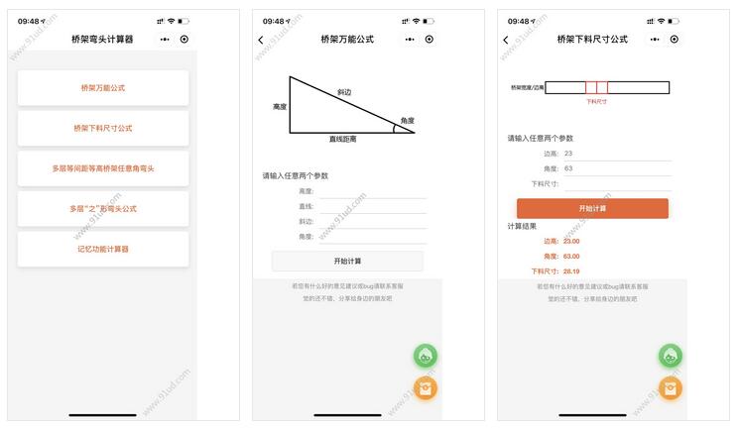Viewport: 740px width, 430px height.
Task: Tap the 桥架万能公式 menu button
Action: pyautogui.click(x=103, y=88)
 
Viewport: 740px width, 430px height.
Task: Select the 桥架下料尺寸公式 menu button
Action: pyautogui.click(x=103, y=128)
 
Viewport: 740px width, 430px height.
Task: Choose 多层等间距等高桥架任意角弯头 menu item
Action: pyautogui.click(x=103, y=168)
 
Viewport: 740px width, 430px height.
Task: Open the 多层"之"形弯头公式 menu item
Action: pyautogui.click(x=103, y=209)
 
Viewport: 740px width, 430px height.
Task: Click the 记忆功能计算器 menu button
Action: pyautogui.click(x=103, y=250)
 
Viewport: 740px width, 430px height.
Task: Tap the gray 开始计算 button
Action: pyautogui.click(x=347, y=261)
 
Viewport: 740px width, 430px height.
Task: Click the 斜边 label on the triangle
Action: pyautogui.click(x=344, y=92)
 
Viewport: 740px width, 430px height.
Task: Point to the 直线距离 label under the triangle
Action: pyautogui.click(x=343, y=140)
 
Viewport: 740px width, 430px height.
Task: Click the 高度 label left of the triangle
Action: pyautogui.click(x=279, y=106)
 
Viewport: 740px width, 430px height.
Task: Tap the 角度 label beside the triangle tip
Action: pyautogui.click(x=407, y=121)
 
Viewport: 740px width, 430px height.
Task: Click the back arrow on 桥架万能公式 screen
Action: pyautogui.click(x=261, y=40)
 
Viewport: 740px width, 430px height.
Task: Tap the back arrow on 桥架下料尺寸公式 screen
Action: pyautogui.click(x=506, y=40)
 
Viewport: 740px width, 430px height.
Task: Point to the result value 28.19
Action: pyautogui.click(x=571, y=270)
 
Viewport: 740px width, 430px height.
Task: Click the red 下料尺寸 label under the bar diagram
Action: pyautogui.click(x=596, y=101)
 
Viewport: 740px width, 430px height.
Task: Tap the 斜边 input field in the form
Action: pyautogui.click(x=372, y=222)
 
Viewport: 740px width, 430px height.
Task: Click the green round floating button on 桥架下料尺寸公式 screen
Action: pyautogui.click(x=672, y=356)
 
